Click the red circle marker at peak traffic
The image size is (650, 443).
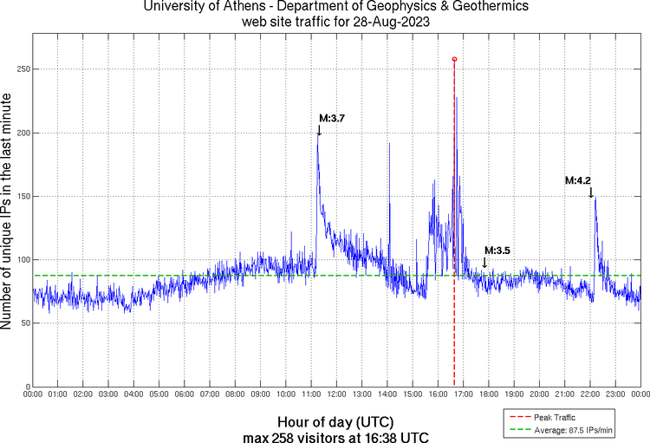click(454, 59)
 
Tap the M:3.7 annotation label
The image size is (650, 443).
click(333, 118)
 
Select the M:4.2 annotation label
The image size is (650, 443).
click(579, 181)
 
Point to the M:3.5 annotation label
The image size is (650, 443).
click(497, 251)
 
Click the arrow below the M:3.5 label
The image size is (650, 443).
click(484, 262)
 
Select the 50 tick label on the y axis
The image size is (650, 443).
click(23, 323)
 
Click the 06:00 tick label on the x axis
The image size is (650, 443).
click(185, 394)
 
